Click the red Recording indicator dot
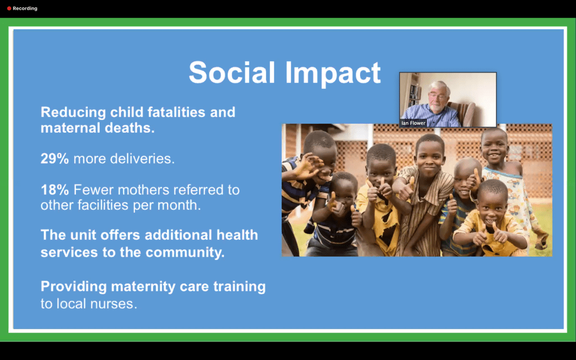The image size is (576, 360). [9, 8]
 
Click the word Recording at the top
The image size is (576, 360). [25, 8]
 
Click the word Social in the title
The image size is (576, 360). [232, 72]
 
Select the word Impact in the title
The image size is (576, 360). [333, 74]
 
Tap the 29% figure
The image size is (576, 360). [55, 159]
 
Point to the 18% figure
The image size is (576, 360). [55, 190]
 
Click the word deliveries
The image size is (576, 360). [142, 159]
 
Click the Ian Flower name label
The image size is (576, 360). [413, 123]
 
